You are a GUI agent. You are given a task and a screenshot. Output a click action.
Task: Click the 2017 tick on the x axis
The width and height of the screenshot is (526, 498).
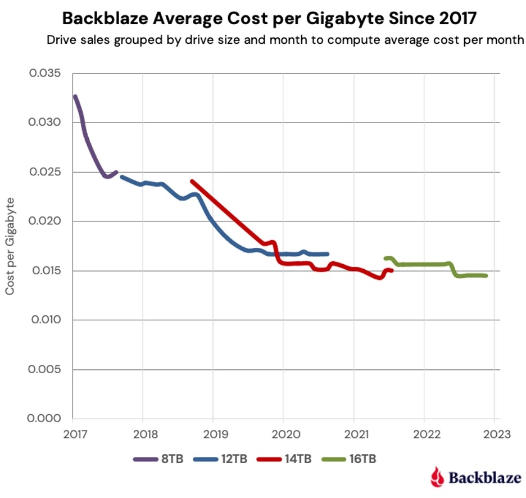tap(72, 434)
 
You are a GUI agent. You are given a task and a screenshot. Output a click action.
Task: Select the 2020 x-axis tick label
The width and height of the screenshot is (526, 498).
tap(283, 434)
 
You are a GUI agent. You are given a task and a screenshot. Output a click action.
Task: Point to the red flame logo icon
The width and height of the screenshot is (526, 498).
tap(436, 477)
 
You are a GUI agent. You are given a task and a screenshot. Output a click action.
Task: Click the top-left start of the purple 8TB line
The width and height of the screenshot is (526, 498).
tap(75, 97)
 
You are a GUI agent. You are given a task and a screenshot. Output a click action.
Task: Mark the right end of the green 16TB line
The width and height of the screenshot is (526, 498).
tap(486, 275)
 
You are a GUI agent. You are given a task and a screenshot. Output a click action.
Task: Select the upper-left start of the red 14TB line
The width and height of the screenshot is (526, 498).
tap(192, 182)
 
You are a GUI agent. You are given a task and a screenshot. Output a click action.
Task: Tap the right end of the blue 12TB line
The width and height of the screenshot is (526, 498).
tap(327, 253)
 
